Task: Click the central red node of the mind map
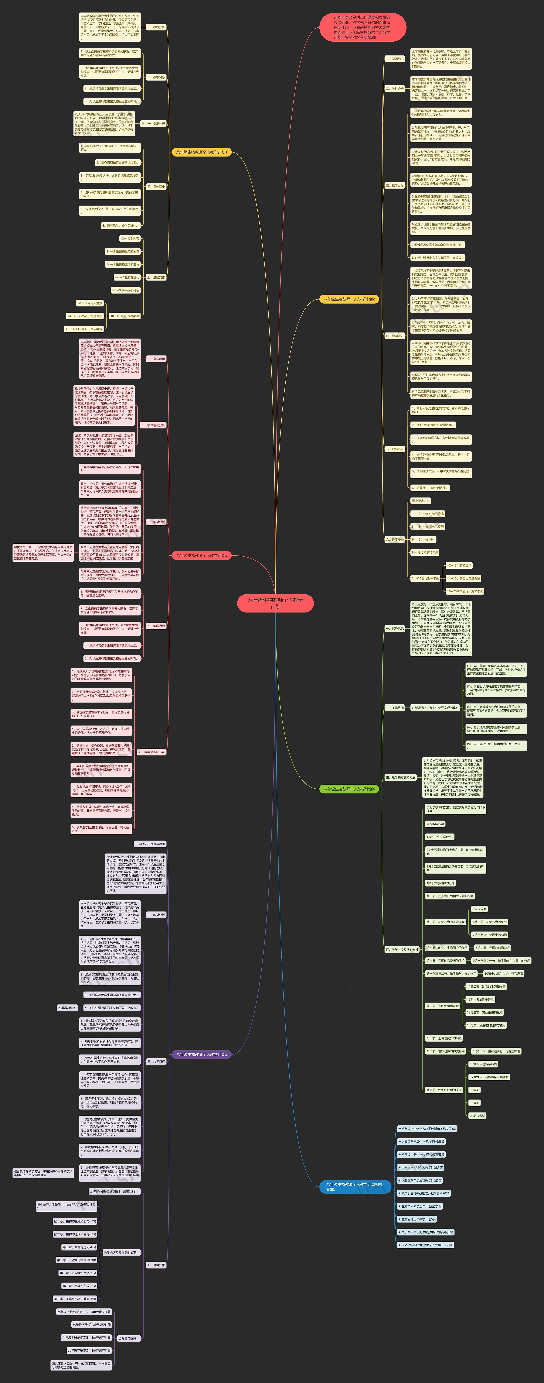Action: point(275,603)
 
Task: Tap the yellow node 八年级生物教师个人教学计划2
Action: point(349,299)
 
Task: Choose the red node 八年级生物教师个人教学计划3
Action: point(201,555)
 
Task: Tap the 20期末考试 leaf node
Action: point(477,1116)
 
